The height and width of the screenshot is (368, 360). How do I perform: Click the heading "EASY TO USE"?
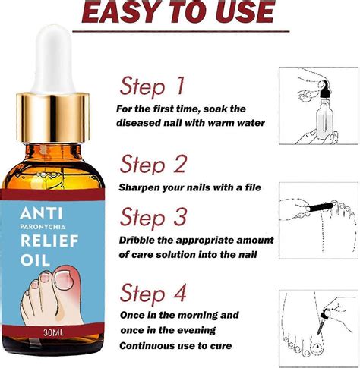(x=179, y=14)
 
